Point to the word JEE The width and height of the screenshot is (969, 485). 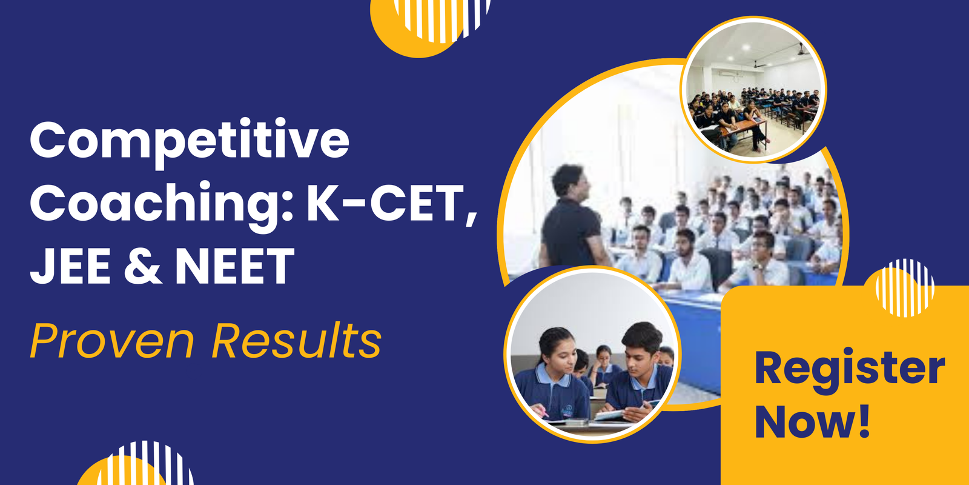70,267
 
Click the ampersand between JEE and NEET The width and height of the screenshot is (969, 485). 143,267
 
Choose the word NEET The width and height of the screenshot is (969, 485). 235,267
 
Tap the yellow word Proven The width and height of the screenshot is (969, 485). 112,341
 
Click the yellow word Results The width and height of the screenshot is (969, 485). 296,341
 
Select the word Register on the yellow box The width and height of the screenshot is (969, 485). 849,369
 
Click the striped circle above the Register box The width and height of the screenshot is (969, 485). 905,287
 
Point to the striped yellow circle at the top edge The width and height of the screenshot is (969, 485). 433,21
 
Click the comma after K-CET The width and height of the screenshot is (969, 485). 471,217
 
